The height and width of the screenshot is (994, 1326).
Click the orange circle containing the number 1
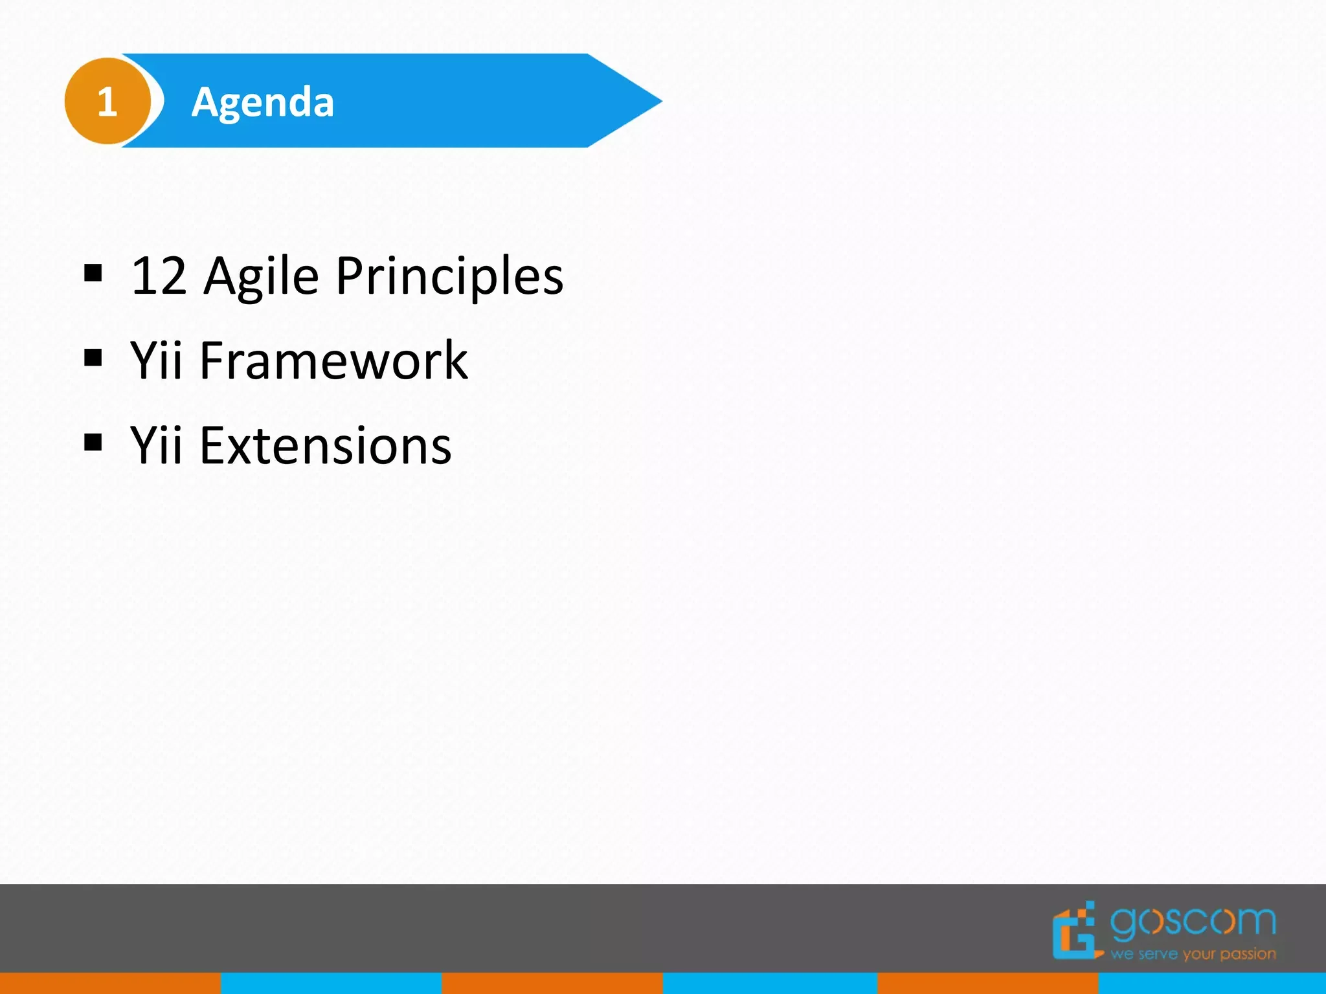107,101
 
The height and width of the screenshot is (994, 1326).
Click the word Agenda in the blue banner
262,102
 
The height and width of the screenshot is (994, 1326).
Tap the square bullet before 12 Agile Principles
93,273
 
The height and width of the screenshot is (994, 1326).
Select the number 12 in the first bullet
159,276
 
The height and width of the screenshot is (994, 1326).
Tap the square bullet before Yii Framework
93,357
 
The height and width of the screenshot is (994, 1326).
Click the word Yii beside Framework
156,360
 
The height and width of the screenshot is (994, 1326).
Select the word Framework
333,360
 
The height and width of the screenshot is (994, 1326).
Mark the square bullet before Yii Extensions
93,443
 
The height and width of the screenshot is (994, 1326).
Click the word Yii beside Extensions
156,446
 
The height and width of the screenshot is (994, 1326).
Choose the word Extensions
325,446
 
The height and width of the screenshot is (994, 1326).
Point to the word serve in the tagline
1158,955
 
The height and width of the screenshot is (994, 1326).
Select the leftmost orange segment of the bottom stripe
110,983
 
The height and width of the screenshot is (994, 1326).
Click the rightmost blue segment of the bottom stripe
1212,983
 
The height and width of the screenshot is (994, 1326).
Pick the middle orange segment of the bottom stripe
552,983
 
